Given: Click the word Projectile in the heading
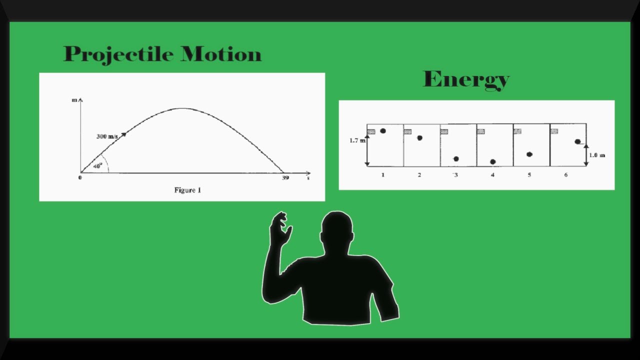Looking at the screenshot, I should (119, 54).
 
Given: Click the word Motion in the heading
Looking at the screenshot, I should (221, 54).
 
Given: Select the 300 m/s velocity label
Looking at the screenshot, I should (107, 136).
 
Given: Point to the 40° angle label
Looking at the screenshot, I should (97, 165).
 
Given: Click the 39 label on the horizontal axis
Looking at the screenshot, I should (285, 177).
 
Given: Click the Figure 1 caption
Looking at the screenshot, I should (187, 190).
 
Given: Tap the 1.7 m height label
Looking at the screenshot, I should (357, 141).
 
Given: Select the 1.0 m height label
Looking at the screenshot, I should (596, 155).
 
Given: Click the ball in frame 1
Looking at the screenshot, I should (383, 131).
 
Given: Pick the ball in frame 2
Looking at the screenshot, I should (419, 138).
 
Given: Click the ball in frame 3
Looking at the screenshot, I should (456, 159).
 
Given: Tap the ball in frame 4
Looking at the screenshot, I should (493, 162).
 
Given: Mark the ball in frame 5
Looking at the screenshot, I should (529, 154).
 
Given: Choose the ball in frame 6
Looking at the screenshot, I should (577, 142).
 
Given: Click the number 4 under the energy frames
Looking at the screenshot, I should (492, 175).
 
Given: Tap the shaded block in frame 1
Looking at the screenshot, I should (371, 132).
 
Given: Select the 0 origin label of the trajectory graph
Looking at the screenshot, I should (80, 177).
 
